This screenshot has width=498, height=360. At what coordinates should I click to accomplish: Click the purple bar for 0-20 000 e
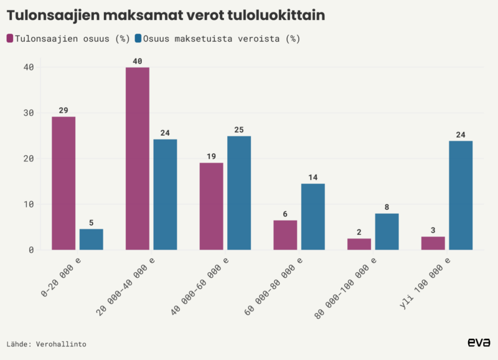[63, 183]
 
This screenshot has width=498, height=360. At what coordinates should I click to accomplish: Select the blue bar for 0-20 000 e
[91, 239]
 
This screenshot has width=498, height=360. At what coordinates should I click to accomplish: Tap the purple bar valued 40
[138, 158]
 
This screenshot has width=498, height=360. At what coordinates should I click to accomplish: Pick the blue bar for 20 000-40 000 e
[165, 194]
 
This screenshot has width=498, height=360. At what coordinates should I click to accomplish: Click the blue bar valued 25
[239, 192]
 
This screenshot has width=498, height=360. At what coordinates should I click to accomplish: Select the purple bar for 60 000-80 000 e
[285, 235]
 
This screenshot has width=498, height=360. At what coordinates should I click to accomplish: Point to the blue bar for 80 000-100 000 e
[387, 231]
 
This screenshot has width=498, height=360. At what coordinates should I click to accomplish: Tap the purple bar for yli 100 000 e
[433, 243]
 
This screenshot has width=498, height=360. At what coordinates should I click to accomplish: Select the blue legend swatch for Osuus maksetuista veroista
[138, 39]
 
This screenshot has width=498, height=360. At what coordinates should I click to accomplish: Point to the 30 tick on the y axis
[29, 113]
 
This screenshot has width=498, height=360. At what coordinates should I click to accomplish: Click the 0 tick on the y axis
[29, 250]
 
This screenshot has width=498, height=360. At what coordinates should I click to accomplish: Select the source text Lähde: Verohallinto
[46, 344]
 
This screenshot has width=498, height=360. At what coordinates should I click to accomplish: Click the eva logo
[479, 342]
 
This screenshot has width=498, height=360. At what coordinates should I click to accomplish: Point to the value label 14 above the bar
[312, 178]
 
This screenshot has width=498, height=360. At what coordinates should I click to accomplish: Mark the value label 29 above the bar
[63, 110]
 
